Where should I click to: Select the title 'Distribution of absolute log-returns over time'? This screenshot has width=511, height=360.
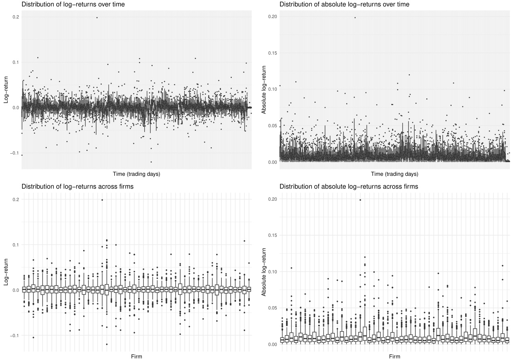(x=344, y=4)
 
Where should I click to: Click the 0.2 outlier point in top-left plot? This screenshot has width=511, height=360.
(x=97, y=17)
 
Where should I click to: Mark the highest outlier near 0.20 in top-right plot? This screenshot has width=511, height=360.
(x=355, y=17)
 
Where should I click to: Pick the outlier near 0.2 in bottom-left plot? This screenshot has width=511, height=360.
(x=102, y=199)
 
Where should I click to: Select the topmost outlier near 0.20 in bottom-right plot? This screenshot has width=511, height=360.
(x=360, y=199)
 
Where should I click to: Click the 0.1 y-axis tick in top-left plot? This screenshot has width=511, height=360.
(x=16, y=62)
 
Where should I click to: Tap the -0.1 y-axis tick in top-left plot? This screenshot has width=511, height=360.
(x=15, y=153)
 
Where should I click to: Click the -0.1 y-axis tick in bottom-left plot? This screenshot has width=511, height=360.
(x=15, y=335)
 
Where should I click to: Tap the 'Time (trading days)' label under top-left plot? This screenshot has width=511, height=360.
(x=137, y=174)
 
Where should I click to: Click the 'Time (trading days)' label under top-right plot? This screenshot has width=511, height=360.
(x=394, y=174)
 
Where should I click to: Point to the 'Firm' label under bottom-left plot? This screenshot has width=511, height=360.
(x=137, y=356)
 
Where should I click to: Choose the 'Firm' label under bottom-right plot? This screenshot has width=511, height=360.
(x=394, y=356)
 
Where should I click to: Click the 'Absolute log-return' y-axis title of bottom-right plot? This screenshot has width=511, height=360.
(x=264, y=272)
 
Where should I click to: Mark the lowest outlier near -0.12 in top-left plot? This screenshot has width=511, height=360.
(x=151, y=162)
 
